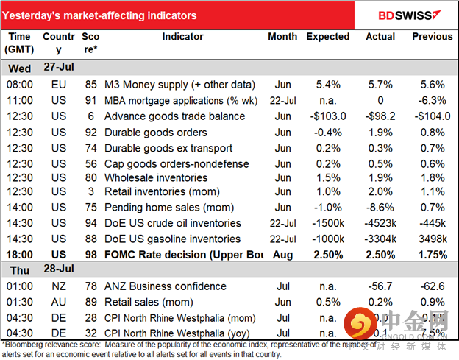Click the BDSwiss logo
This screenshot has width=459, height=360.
410,14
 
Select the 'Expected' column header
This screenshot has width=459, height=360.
327,36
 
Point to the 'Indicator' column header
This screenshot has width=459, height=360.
182,36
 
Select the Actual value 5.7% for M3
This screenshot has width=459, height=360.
380,85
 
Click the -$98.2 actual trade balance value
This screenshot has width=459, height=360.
380,116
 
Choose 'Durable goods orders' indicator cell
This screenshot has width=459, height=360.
152,131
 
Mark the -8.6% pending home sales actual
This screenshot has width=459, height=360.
380,208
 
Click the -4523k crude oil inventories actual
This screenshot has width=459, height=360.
380,223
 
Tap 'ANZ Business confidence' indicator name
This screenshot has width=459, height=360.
162,286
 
